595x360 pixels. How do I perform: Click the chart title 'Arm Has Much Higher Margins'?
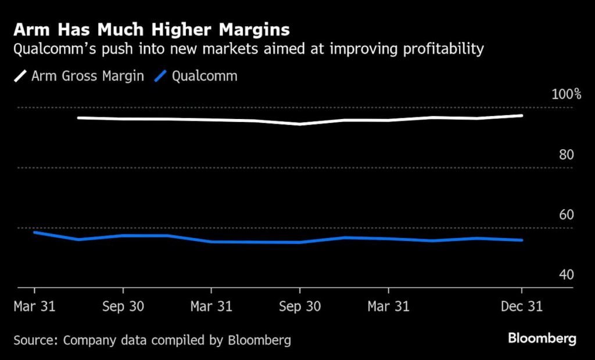[152, 28]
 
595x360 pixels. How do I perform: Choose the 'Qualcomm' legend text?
[205, 76]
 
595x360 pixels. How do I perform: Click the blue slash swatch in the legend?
[162, 76]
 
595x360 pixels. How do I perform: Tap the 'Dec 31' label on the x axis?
[521, 307]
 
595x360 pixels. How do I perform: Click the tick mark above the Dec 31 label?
[521, 291]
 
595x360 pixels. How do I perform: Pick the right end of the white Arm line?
[522, 116]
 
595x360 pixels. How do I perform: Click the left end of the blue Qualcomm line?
[35, 232]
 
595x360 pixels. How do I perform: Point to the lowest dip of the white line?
[300, 124]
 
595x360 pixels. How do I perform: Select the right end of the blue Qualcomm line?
[522, 240]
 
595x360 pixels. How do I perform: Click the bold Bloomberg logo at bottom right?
[542, 338]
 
